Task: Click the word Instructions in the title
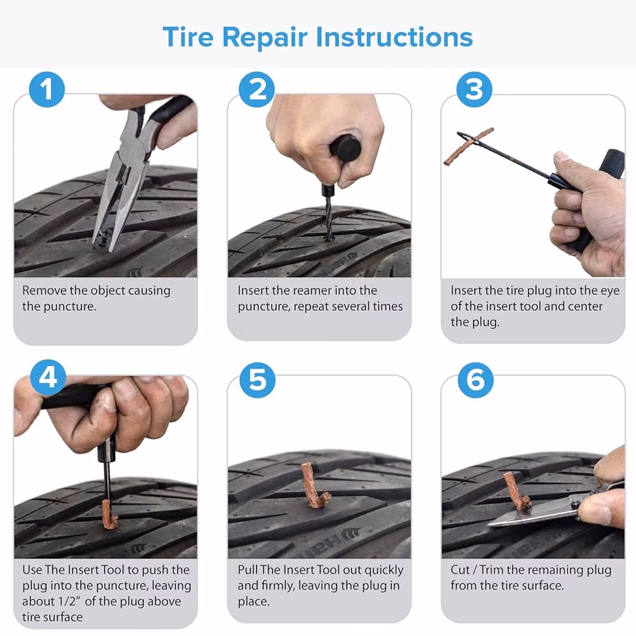point(394,37)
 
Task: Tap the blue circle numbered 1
point(48,90)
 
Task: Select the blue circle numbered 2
point(257,90)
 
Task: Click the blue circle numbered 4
point(48,378)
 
